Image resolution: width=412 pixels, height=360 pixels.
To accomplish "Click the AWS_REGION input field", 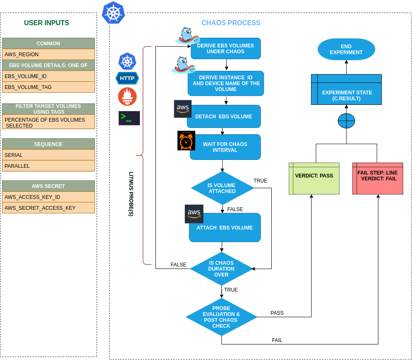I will click(48, 55).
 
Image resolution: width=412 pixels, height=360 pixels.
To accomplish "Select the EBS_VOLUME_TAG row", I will click(48, 87).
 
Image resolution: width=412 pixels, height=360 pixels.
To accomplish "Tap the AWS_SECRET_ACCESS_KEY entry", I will click(48, 208).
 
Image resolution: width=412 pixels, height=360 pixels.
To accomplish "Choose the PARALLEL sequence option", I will click(48, 166).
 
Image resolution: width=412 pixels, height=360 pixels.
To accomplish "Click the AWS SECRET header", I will click(48, 186).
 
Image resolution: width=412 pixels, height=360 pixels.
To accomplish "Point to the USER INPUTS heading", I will click(47, 23).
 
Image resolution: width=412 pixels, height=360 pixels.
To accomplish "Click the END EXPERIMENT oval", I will click(346, 50).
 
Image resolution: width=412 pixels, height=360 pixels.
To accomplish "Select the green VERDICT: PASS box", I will click(314, 178).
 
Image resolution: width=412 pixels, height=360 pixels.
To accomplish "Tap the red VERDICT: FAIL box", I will click(378, 178).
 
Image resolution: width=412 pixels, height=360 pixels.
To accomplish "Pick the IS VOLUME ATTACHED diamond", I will click(222, 188).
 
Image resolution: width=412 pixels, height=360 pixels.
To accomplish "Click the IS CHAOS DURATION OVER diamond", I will click(221, 269).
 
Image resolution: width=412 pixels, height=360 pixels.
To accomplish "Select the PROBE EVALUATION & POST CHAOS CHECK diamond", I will click(221, 317).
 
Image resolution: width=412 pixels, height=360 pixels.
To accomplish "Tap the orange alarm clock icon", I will click(186, 141).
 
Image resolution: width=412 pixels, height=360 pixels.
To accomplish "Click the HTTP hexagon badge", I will click(127, 78).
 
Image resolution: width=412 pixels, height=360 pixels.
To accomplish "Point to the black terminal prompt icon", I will click(129, 118).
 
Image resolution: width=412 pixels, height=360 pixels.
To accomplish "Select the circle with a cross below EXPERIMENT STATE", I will click(346, 121).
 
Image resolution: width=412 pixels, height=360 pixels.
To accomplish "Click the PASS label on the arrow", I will click(277, 313).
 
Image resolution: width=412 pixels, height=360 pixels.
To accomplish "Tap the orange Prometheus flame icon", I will click(127, 97).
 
